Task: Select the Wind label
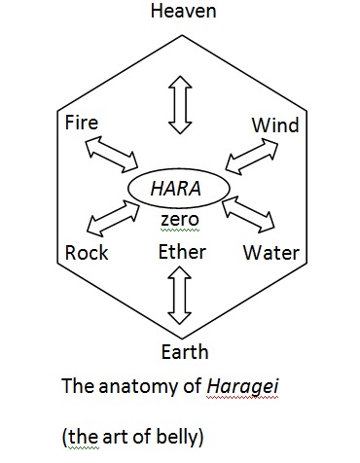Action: point(275,125)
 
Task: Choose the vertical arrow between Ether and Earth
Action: point(178,298)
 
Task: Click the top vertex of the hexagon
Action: point(179,28)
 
